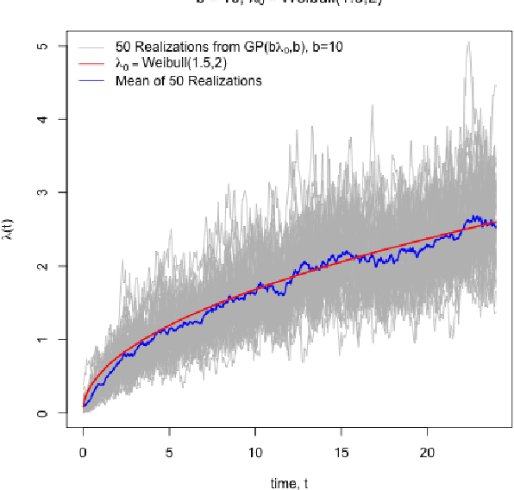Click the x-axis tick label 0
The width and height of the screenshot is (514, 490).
(x=83, y=452)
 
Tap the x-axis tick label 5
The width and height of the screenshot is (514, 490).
(x=169, y=452)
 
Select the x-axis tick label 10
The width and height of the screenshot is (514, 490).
(x=255, y=452)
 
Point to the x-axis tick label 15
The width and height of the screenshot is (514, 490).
(x=342, y=452)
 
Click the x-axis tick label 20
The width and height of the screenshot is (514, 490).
(x=428, y=452)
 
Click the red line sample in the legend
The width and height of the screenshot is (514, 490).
(x=91, y=64)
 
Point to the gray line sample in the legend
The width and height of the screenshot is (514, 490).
(x=91, y=47)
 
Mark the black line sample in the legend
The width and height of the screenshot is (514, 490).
(x=91, y=80)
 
